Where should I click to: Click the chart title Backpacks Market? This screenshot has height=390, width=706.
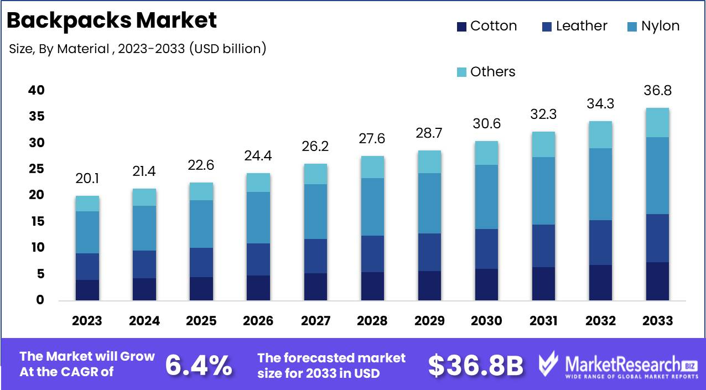112,20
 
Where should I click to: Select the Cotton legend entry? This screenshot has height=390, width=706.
487,26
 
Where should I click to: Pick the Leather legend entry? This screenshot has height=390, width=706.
575,26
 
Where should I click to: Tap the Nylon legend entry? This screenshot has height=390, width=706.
653,26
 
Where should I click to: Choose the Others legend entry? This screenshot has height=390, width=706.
486,72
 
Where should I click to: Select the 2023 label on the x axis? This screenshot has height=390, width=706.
87,321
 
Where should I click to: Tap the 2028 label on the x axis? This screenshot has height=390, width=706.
372,321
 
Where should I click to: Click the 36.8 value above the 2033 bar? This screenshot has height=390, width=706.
657,91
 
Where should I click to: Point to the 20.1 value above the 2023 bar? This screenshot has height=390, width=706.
87,179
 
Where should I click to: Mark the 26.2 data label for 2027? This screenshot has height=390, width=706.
315,146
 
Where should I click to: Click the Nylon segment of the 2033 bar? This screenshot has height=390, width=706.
657,175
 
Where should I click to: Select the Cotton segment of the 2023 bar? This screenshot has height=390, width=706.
87,290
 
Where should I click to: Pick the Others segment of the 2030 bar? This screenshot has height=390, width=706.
486,153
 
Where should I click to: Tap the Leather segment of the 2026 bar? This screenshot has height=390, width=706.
258,259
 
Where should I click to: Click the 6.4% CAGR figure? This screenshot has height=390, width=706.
199,365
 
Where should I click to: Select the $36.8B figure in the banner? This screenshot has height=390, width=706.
476,365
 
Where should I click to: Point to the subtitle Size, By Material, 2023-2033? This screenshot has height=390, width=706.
138,49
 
